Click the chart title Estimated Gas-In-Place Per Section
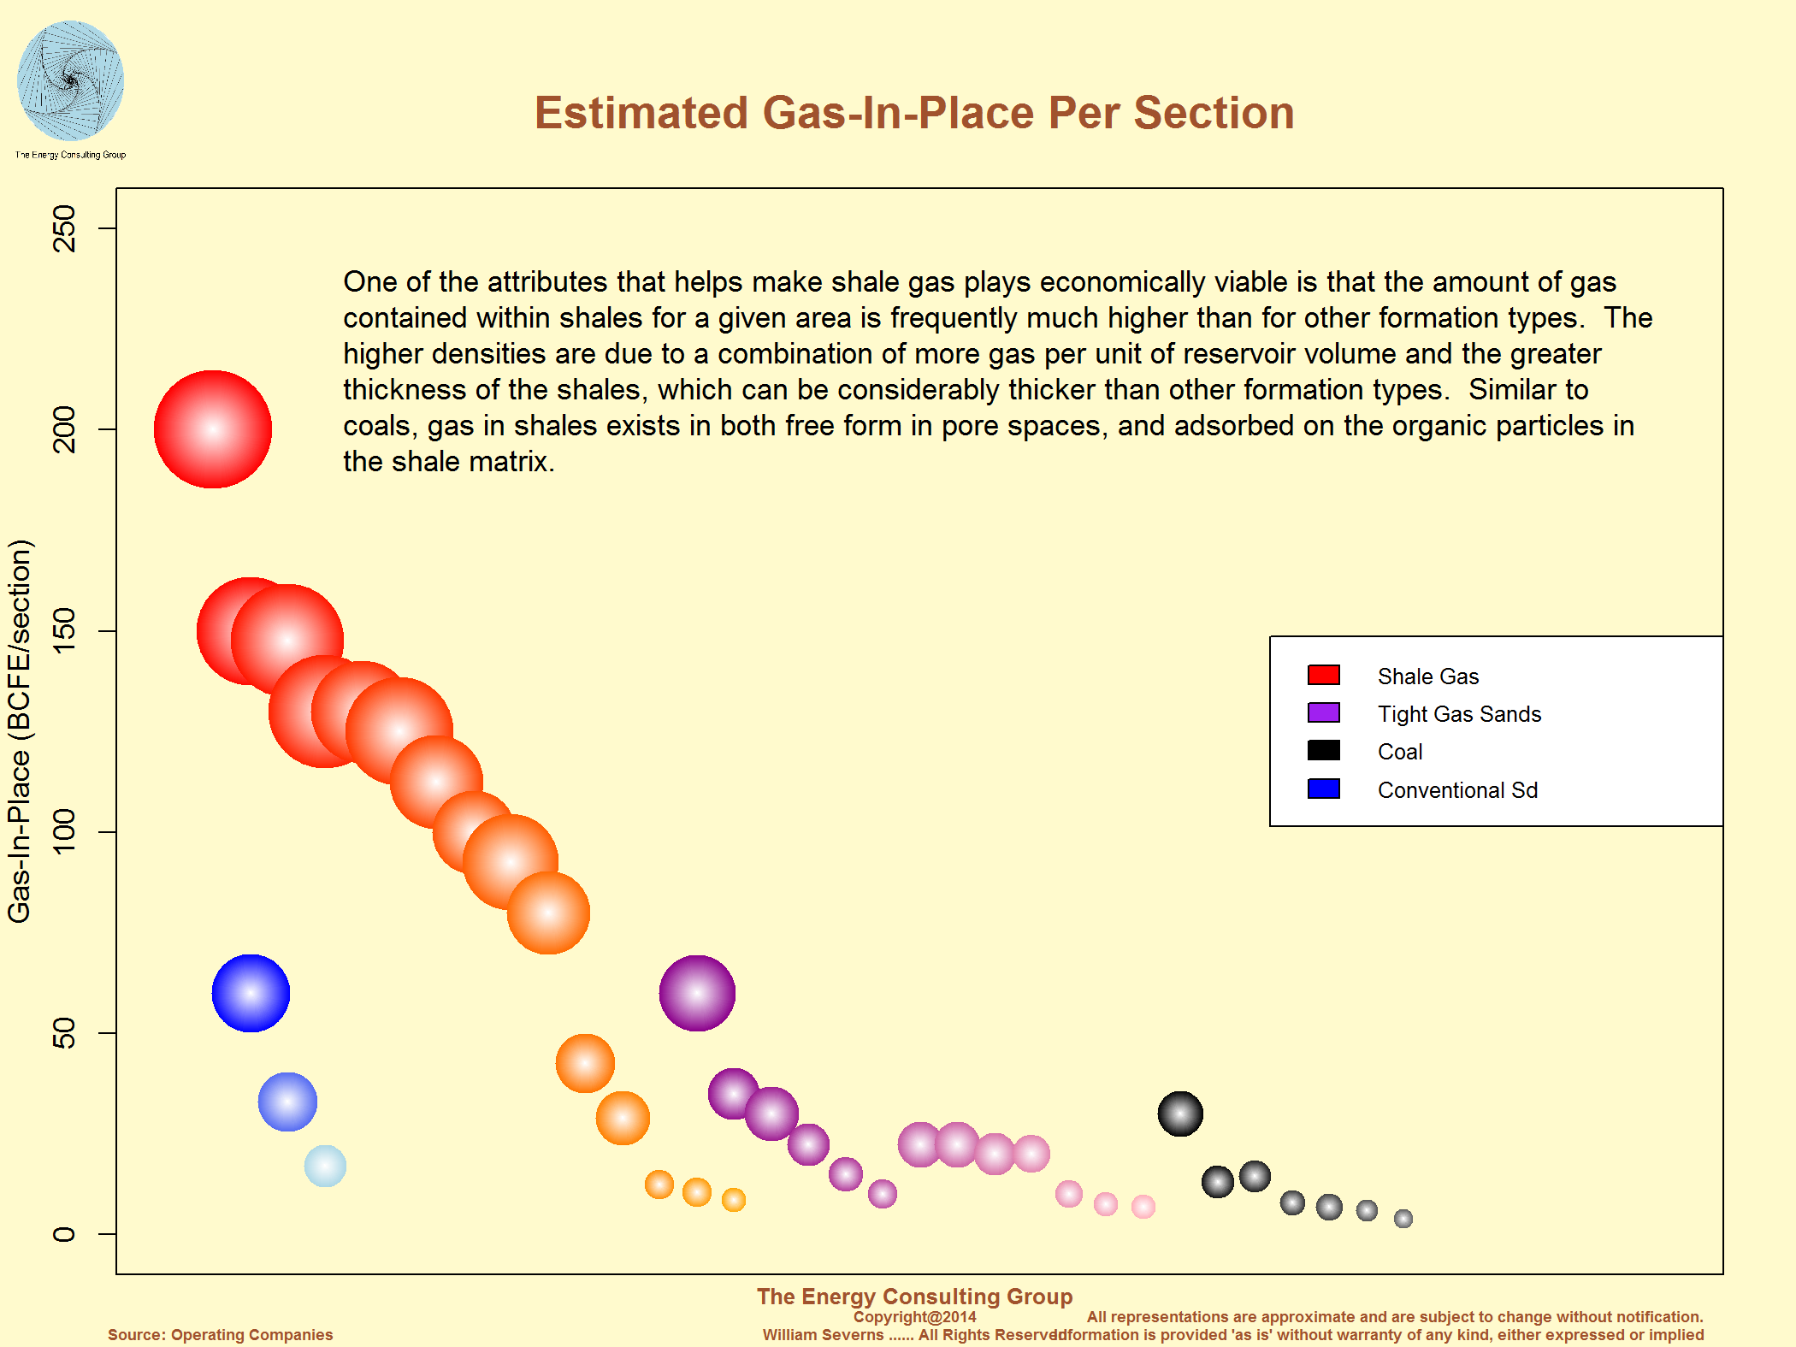click(x=913, y=113)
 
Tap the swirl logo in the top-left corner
click(x=70, y=81)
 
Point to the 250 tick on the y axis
click(x=65, y=228)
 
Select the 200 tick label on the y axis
click(x=65, y=429)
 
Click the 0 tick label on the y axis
click(x=65, y=1233)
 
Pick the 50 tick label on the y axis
click(x=65, y=1032)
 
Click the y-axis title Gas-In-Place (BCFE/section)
click(x=19, y=731)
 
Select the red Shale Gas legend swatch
click(x=1323, y=675)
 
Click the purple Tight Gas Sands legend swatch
click(x=1323, y=712)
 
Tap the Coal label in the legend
click(x=1400, y=752)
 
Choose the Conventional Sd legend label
click(x=1457, y=790)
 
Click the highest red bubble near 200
click(x=213, y=429)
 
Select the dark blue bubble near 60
click(x=251, y=993)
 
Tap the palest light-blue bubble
click(x=325, y=1167)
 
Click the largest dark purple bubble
click(x=697, y=993)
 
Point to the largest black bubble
click(x=1180, y=1114)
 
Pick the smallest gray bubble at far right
click(x=1403, y=1219)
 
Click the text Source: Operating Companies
click(x=220, y=1334)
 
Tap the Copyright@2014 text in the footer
click(x=914, y=1317)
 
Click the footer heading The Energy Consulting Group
click(x=914, y=1297)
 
